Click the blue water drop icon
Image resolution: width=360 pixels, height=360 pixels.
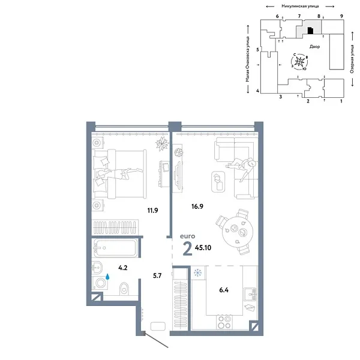point(108,277)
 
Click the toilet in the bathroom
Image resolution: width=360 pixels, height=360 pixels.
point(124,287)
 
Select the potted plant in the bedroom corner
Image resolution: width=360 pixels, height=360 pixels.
point(161,143)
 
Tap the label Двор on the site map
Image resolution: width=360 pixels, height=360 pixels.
point(315,46)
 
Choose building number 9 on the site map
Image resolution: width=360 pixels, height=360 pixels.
point(341,16)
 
